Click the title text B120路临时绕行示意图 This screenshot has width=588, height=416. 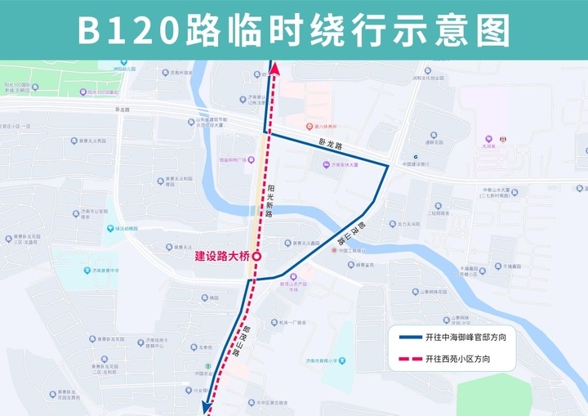tap(294, 30)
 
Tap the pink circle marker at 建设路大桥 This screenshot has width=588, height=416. tap(256, 256)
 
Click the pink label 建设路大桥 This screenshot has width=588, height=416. tap(221, 256)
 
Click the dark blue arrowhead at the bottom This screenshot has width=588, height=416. tap(207, 404)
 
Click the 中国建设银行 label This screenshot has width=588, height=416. tap(416, 164)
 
